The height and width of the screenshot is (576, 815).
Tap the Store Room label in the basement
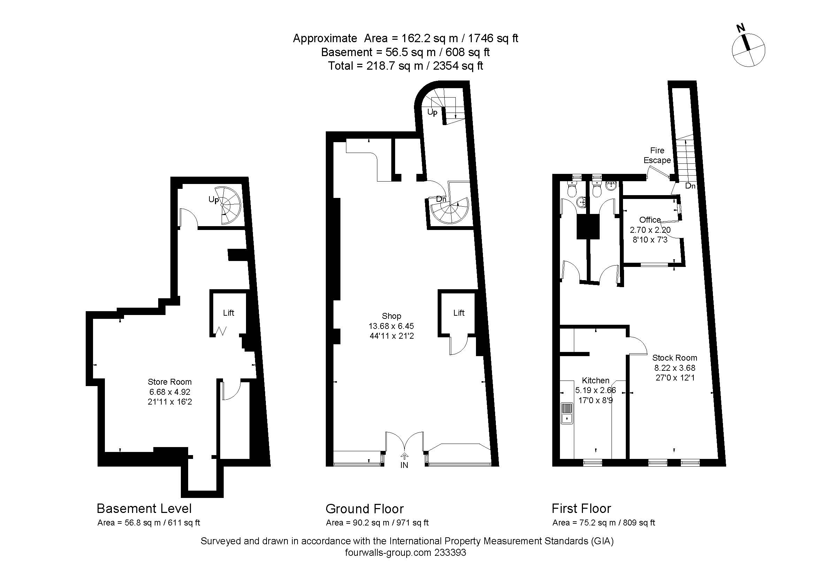point(170,382)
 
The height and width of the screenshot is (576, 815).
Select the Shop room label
point(392,316)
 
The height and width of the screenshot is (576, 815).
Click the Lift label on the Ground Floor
point(459,313)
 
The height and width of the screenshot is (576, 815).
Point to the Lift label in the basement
point(229,313)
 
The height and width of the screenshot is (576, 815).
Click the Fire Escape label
point(657,155)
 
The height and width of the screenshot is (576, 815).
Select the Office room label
point(650,220)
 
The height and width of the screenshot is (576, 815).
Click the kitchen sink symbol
point(567,413)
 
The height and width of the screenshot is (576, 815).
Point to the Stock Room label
point(675,358)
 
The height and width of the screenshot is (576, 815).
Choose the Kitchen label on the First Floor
point(595,381)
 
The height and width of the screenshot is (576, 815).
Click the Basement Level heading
point(144,508)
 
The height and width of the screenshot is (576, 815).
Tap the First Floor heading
point(582,508)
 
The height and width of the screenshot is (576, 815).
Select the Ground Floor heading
point(364,508)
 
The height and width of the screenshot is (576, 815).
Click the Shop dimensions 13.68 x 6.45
point(392,326)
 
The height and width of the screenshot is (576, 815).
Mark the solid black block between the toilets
point(588,227)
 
